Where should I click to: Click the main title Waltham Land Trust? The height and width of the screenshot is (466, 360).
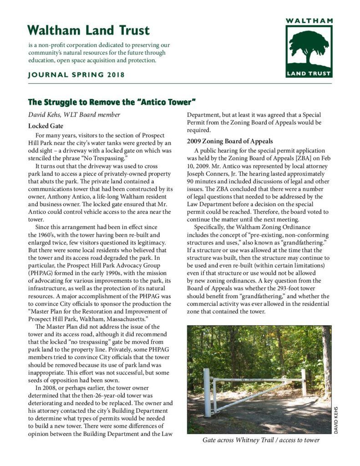(88, 30)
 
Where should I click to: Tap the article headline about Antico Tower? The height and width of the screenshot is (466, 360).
(112, 101)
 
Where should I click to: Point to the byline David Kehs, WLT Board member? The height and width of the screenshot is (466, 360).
(74, 115)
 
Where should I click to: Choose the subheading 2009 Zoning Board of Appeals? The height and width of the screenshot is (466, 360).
(230, 141)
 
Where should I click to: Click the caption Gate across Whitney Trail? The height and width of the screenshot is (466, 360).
(261, 440)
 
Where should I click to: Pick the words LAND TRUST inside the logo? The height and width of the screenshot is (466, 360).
(309, 73)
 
